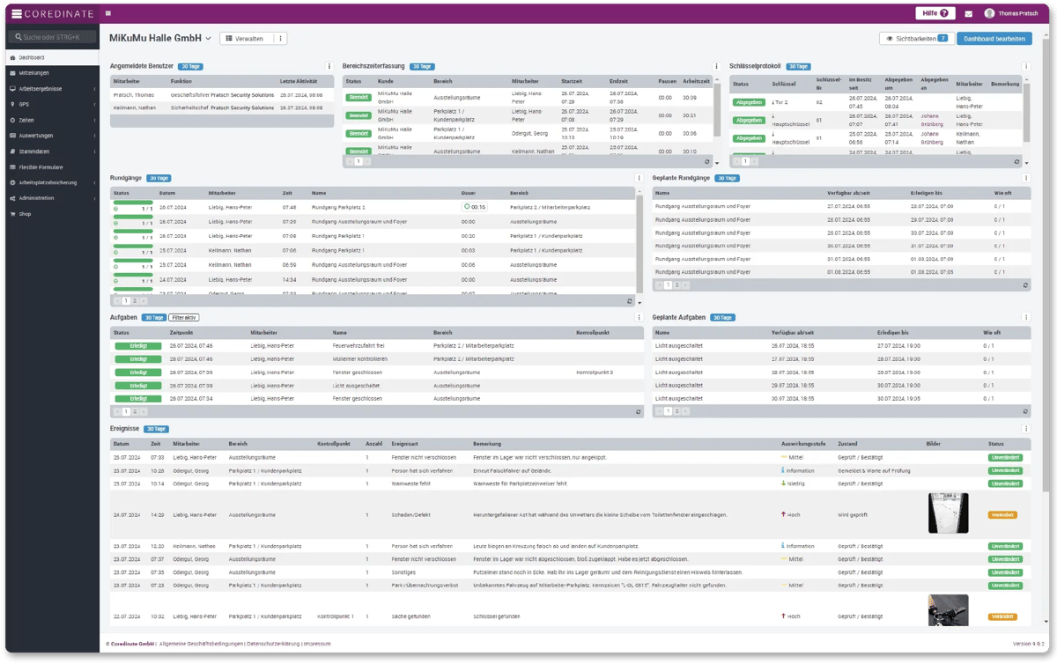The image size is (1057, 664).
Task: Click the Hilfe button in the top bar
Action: click(935, 13)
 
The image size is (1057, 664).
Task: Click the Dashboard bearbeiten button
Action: click(994, 39)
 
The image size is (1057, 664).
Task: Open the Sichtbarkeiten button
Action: click(916, 39)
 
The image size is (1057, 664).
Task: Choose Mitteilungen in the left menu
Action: click(34, 73)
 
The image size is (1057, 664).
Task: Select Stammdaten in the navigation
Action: click(35, 151)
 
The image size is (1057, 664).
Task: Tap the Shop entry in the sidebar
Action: click(26, 214)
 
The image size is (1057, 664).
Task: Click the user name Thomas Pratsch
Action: click(1017, 13)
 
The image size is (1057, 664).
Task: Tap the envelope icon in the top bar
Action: click(969, 14)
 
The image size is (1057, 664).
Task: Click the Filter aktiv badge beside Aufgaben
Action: click(184, 317)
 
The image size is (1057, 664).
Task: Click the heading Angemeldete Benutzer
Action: click(142, 66)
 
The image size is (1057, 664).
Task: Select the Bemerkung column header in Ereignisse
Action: click(487, 443)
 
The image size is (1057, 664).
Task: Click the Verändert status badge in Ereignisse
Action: click(1002, 514)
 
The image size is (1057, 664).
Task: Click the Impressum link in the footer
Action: click(316, 644)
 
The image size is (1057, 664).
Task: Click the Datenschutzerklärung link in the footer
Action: click(272, 644)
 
